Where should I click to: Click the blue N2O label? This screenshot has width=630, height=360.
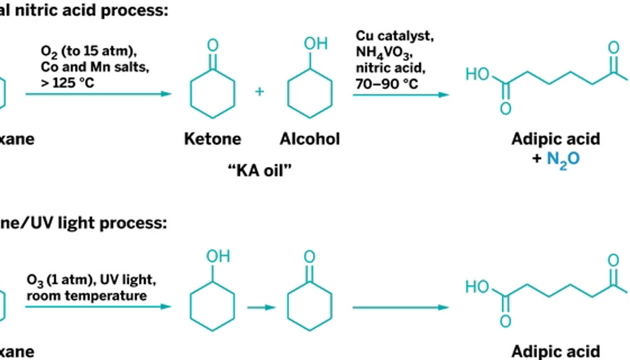pyautogui.click(x=563, y=158)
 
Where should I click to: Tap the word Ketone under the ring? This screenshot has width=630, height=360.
pyautogui.click(x=212, y=138)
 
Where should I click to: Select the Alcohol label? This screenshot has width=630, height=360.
pyautogui.click(x=309, y=138)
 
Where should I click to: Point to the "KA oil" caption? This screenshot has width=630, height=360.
pyautogui.click(x=259, y=170)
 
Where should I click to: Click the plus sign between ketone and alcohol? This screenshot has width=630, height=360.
pyautogui.click(x=259, y=91)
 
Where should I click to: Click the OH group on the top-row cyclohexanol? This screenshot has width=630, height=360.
pyautogui.click(x=315, y=44)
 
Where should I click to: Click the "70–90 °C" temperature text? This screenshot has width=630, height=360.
pyautogui.click(x=386, y=83)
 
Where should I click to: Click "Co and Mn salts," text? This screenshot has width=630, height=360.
pyautogui.click(x=95, y=67)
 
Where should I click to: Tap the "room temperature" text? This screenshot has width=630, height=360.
pyautogui.click(x=86, y=295)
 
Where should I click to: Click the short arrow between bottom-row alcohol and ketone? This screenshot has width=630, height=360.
pyautogui.click(x=261, y=307)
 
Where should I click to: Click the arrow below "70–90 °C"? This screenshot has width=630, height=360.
pyautogui.click(x=400, y=94)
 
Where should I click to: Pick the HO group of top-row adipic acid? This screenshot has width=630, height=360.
pyautogui.click(x=477, y=74)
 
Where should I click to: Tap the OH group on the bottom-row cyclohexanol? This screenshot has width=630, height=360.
pyautogui.click(x=218, y=256)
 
